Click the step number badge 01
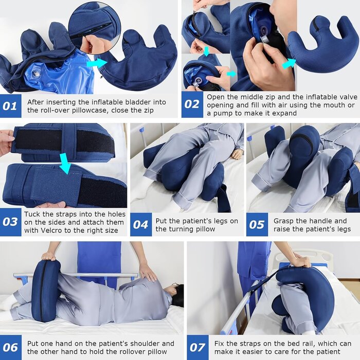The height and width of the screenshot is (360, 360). point(10,106)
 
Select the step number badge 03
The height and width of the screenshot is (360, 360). point(10,222)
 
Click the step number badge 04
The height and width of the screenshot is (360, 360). point(141,225)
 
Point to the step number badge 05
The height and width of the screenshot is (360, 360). point(257,225)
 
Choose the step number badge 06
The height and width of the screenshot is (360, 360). point(10,348)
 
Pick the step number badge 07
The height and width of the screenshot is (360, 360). point(197,348)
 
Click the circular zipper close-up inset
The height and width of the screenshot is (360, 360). point(95,27)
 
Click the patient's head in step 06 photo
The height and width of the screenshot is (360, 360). point(176,295)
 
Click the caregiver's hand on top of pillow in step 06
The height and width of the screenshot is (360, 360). point(49,256)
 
